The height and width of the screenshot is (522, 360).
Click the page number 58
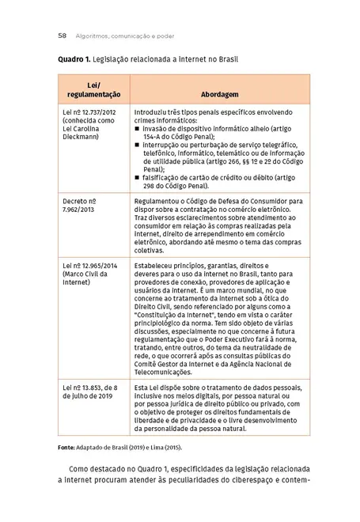click(62, 36)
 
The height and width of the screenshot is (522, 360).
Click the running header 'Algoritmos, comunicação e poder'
click(125, 36)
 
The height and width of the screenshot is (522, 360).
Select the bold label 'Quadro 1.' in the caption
click(74, 60)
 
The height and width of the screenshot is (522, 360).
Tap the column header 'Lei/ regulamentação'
click(93, 89)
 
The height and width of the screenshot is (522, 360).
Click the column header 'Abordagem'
click(219, 93)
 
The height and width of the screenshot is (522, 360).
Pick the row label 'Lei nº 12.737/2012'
click(89, 113)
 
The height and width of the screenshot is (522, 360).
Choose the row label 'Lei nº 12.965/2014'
click(89, 266)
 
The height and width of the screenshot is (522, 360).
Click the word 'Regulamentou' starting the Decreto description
click(158, 202)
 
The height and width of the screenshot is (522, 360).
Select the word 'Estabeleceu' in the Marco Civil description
click(156, 266)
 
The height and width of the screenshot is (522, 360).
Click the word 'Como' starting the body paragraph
click(81, 469)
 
